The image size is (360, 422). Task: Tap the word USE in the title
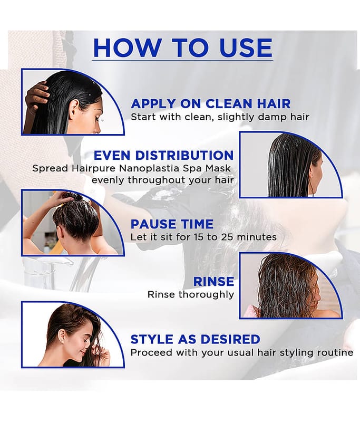click(x=246, y=47)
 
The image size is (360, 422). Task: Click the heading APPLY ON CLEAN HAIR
click(x=210, y=103)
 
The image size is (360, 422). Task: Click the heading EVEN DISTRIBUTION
click(x=163, y=156)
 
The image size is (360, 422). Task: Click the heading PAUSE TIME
click(x=172, y=224)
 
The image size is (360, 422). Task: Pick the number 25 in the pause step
click(x=228, y=237)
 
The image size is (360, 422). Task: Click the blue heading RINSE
click(x=213, y=282)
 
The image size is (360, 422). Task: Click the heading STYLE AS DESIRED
click(x=195, y=339)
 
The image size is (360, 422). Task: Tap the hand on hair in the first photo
click(x=37, y=94)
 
